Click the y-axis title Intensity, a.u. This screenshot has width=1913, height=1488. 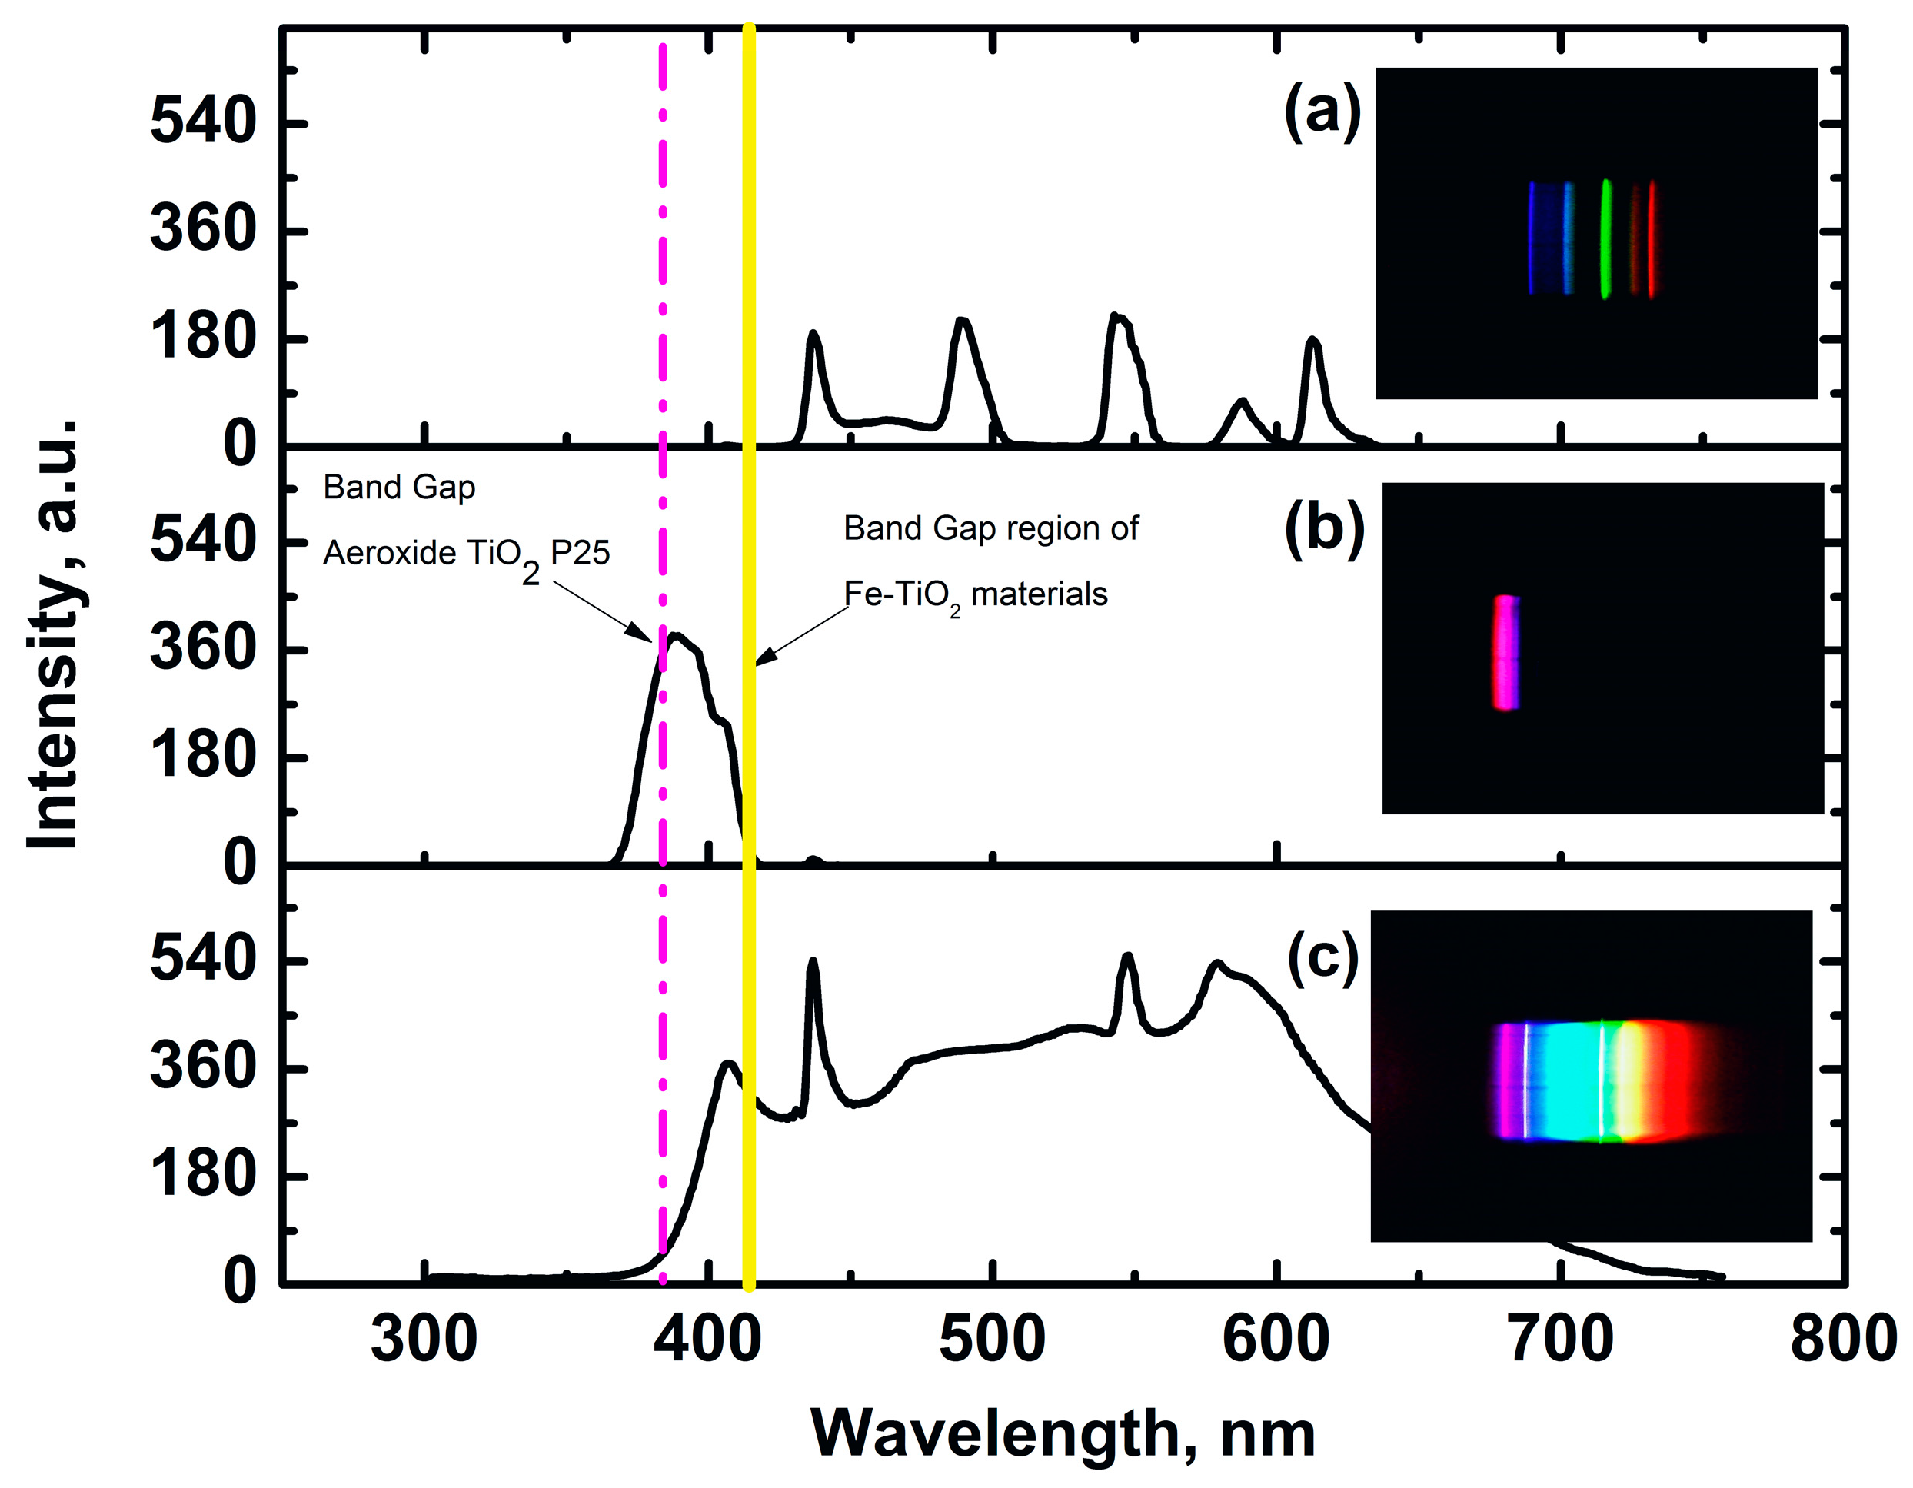coord(55,634)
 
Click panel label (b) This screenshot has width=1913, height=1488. coord(1324,531)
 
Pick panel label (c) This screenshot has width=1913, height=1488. coord(1322,958)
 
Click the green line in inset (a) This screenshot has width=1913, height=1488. coord(1605,238)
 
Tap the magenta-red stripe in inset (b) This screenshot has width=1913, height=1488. coord(1505,652)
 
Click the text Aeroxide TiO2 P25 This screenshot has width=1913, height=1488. coord(466,554)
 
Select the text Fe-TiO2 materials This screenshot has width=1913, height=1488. coord(975,595)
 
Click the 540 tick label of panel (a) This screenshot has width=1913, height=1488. coord(202,122)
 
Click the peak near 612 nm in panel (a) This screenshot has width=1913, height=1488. coord(1312,340)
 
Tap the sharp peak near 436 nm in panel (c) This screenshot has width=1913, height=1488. coord(813,960)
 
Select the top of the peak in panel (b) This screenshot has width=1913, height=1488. coord(675,634)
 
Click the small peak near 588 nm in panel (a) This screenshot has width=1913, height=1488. coord(1241,401)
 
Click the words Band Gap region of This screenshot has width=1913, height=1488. coord(990,529)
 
